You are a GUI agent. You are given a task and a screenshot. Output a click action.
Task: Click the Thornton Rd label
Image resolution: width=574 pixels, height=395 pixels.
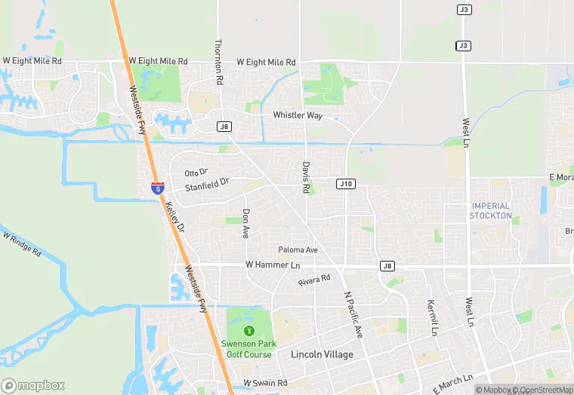point(219,62)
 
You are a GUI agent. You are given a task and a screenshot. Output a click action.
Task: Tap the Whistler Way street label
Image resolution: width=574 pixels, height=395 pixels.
point(298,115)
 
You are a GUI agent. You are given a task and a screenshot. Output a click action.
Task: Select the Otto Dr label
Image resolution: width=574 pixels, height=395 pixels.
point(196,173)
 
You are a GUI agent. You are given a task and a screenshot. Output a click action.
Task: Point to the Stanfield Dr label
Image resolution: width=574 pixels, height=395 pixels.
point(207,185)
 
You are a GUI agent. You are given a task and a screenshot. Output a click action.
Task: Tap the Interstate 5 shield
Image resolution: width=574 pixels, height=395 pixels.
point(156,186)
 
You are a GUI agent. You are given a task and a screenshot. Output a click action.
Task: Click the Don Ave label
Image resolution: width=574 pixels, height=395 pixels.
point(245,224)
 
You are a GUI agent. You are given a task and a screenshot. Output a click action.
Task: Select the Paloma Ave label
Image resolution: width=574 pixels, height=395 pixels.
point(298,250)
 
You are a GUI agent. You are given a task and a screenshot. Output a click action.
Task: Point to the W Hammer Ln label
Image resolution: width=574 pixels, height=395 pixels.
point(273,265)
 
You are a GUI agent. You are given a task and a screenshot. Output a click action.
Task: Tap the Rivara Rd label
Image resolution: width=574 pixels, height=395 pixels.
point(314,280)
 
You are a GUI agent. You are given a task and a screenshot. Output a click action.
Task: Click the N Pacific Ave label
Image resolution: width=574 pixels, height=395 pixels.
point(353,315)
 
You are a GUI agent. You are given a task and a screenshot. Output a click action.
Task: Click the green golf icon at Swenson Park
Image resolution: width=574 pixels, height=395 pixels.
point(248,330)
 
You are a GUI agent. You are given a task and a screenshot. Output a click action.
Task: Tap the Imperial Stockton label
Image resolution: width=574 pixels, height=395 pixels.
point(491,210)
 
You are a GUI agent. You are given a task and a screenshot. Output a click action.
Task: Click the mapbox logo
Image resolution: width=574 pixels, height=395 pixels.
point(33,385)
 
